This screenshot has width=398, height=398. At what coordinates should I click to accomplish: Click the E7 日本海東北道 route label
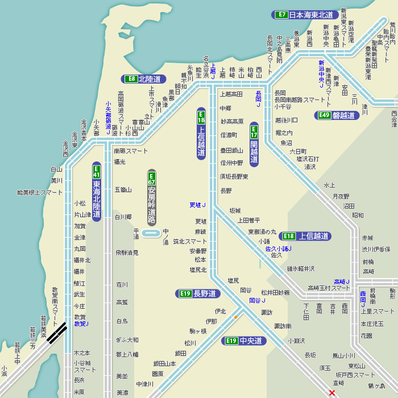(x=306, y=15)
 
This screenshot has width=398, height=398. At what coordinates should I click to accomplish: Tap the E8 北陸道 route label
(x=143, y=79)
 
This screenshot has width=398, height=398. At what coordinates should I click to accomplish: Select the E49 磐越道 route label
(x=337, y=115)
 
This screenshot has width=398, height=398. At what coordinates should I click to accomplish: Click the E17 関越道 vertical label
(x=254, y=144)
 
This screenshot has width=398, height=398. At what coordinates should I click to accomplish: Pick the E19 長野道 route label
(x=197, y=293)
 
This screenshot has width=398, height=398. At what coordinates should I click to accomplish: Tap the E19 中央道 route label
(x=243, y=341)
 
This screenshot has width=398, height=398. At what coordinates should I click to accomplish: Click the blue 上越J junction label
(x=213, y=71)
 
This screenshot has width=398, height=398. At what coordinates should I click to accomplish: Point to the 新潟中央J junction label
(x=321, y=74)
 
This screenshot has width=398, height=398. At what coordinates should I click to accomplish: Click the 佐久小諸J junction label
(x=279, y=248)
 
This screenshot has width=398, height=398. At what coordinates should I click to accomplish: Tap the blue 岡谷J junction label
(x=257, y=300)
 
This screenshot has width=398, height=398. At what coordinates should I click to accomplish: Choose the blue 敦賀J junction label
(x=81, y=324)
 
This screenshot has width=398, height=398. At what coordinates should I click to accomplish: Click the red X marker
(x=332, y=392)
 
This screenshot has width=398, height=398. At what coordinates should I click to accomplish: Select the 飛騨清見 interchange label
(x=127, y=252)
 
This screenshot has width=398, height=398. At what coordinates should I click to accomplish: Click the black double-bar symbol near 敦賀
(x=57, y=333)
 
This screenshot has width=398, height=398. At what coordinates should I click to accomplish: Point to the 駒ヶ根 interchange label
(x=198, y=331)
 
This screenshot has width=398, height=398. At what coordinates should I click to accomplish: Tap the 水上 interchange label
(x=329, y=185)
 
